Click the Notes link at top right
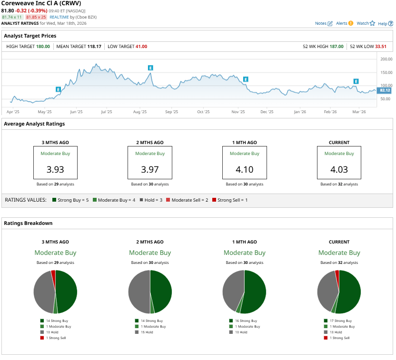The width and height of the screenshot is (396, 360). [324, 23]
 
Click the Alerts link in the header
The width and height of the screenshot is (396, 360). [345, 23]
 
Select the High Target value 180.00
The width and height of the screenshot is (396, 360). [43, 47]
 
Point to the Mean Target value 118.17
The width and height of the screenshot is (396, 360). [94, 47]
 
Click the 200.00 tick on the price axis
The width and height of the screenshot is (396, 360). [386, 59]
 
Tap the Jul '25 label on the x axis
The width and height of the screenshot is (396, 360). [106, 112]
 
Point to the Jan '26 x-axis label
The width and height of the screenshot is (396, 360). [300, 112]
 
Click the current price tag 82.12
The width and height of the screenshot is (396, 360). [385, 90]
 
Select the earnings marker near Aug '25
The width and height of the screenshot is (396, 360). [150, 68]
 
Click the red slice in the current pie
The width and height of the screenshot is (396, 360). [337, 275]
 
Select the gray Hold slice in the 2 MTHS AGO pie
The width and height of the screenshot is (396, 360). [139, 292]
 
